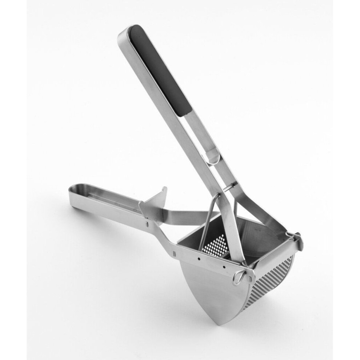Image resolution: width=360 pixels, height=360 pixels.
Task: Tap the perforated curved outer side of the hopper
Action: tap(276, 287)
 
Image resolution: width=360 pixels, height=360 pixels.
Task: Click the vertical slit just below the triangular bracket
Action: tap(147, 222)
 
